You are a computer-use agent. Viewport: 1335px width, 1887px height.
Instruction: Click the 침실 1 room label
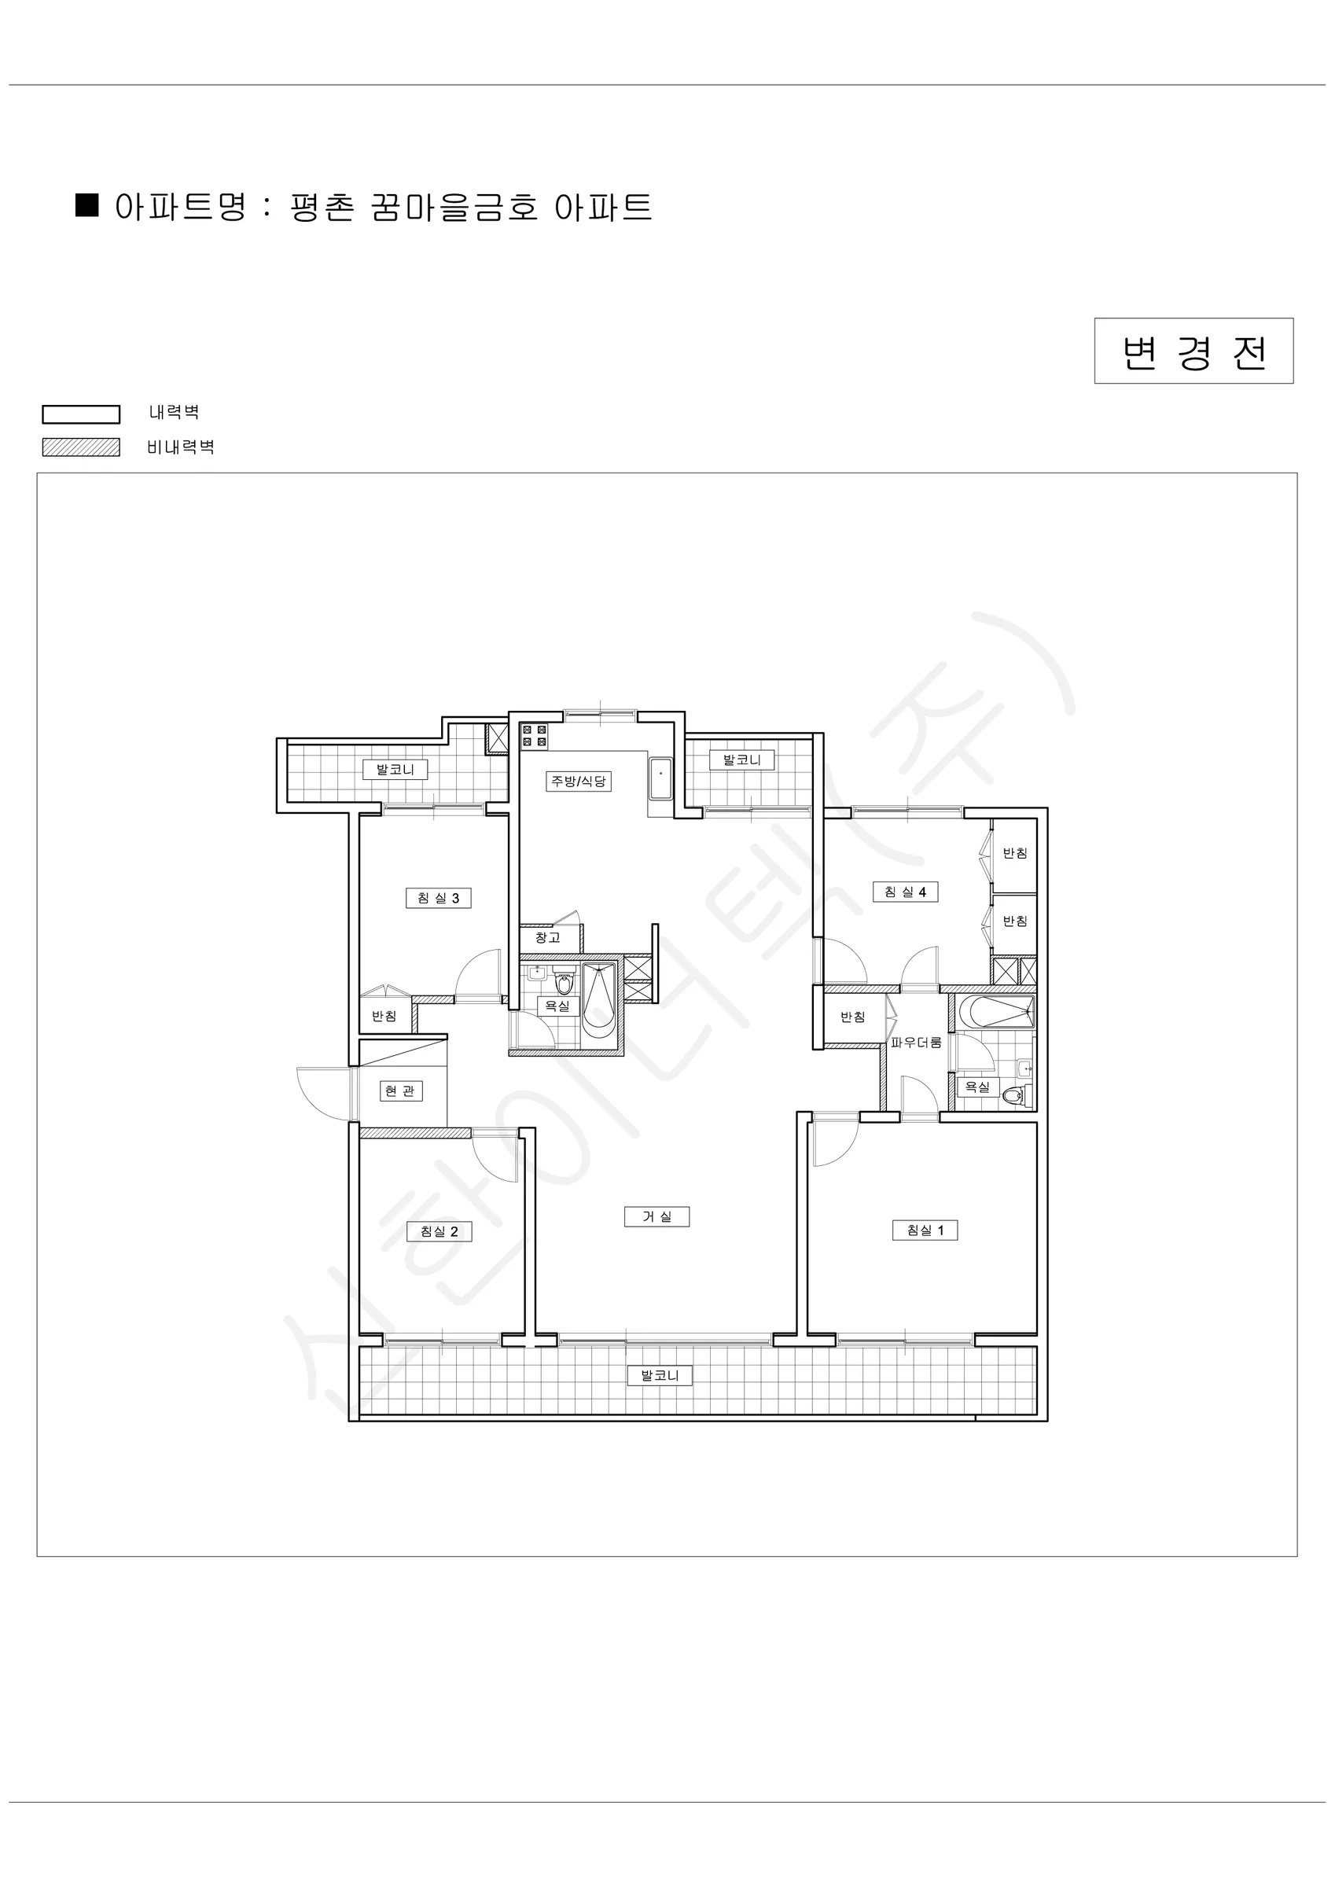(925, 1230)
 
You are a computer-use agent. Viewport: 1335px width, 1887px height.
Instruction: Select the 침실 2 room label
(439, 1231)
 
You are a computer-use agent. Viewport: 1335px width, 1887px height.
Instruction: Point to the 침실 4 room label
(905, 892)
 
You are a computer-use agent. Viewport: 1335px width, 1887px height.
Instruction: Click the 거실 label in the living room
(656, 1216)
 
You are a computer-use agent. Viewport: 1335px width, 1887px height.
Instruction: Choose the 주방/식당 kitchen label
(579, 781)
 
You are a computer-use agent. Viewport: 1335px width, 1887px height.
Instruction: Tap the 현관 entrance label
(400, 1091)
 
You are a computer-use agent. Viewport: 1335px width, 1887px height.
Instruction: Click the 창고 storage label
(547, 937)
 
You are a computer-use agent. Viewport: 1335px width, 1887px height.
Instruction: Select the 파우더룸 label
(916, 1042)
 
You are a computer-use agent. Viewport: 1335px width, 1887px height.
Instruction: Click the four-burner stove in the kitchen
(535, 736)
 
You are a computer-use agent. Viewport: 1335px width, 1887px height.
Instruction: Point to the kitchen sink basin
(661, 778)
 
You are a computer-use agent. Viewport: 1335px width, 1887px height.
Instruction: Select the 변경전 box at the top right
(1193, 351)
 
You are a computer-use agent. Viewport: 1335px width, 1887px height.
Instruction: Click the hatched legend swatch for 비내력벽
(82, 447)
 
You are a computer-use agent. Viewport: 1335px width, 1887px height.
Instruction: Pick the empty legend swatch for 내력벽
(82, 414)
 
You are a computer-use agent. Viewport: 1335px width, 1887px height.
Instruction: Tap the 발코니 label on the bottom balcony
(660, 1375)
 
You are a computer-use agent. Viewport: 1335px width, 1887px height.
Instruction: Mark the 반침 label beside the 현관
(384, 1016)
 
